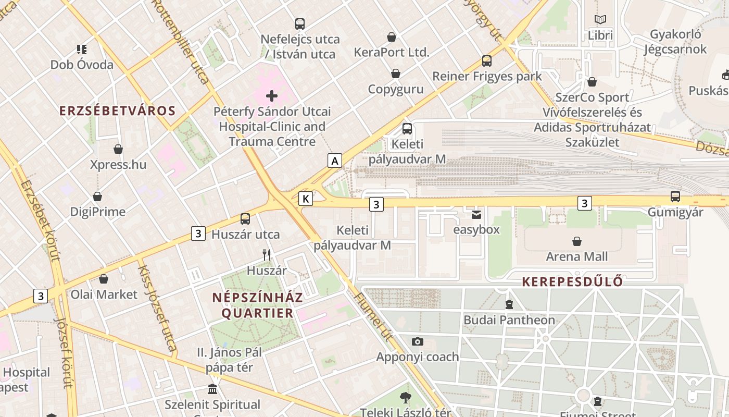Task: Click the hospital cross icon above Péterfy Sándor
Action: [x=272, y=95]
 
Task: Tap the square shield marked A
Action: [x=335, y=161]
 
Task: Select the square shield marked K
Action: [x=306, y=198]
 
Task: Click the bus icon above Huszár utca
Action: [x=245, y=219]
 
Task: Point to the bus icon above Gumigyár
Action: [x=675, y=197]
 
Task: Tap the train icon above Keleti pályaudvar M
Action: [x=407, y=128]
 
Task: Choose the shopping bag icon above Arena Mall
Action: [x=576, y=241]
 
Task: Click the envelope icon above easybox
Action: [x=476, y=214]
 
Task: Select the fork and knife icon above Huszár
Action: [x=267, y=254]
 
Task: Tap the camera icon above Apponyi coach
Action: [x=417, y=341]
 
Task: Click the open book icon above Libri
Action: [x=600, y=19]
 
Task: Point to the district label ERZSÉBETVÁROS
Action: [x=117, y=111]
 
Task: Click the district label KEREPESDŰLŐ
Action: [x=572, y=281]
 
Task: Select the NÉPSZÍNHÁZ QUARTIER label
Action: [x=257, y=305]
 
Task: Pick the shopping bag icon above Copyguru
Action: [x=396, y=73]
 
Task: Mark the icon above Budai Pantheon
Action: [x=509, y=304]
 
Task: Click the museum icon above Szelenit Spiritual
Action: [x=212, y=389]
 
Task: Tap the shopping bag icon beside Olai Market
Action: [x=104, y=279]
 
